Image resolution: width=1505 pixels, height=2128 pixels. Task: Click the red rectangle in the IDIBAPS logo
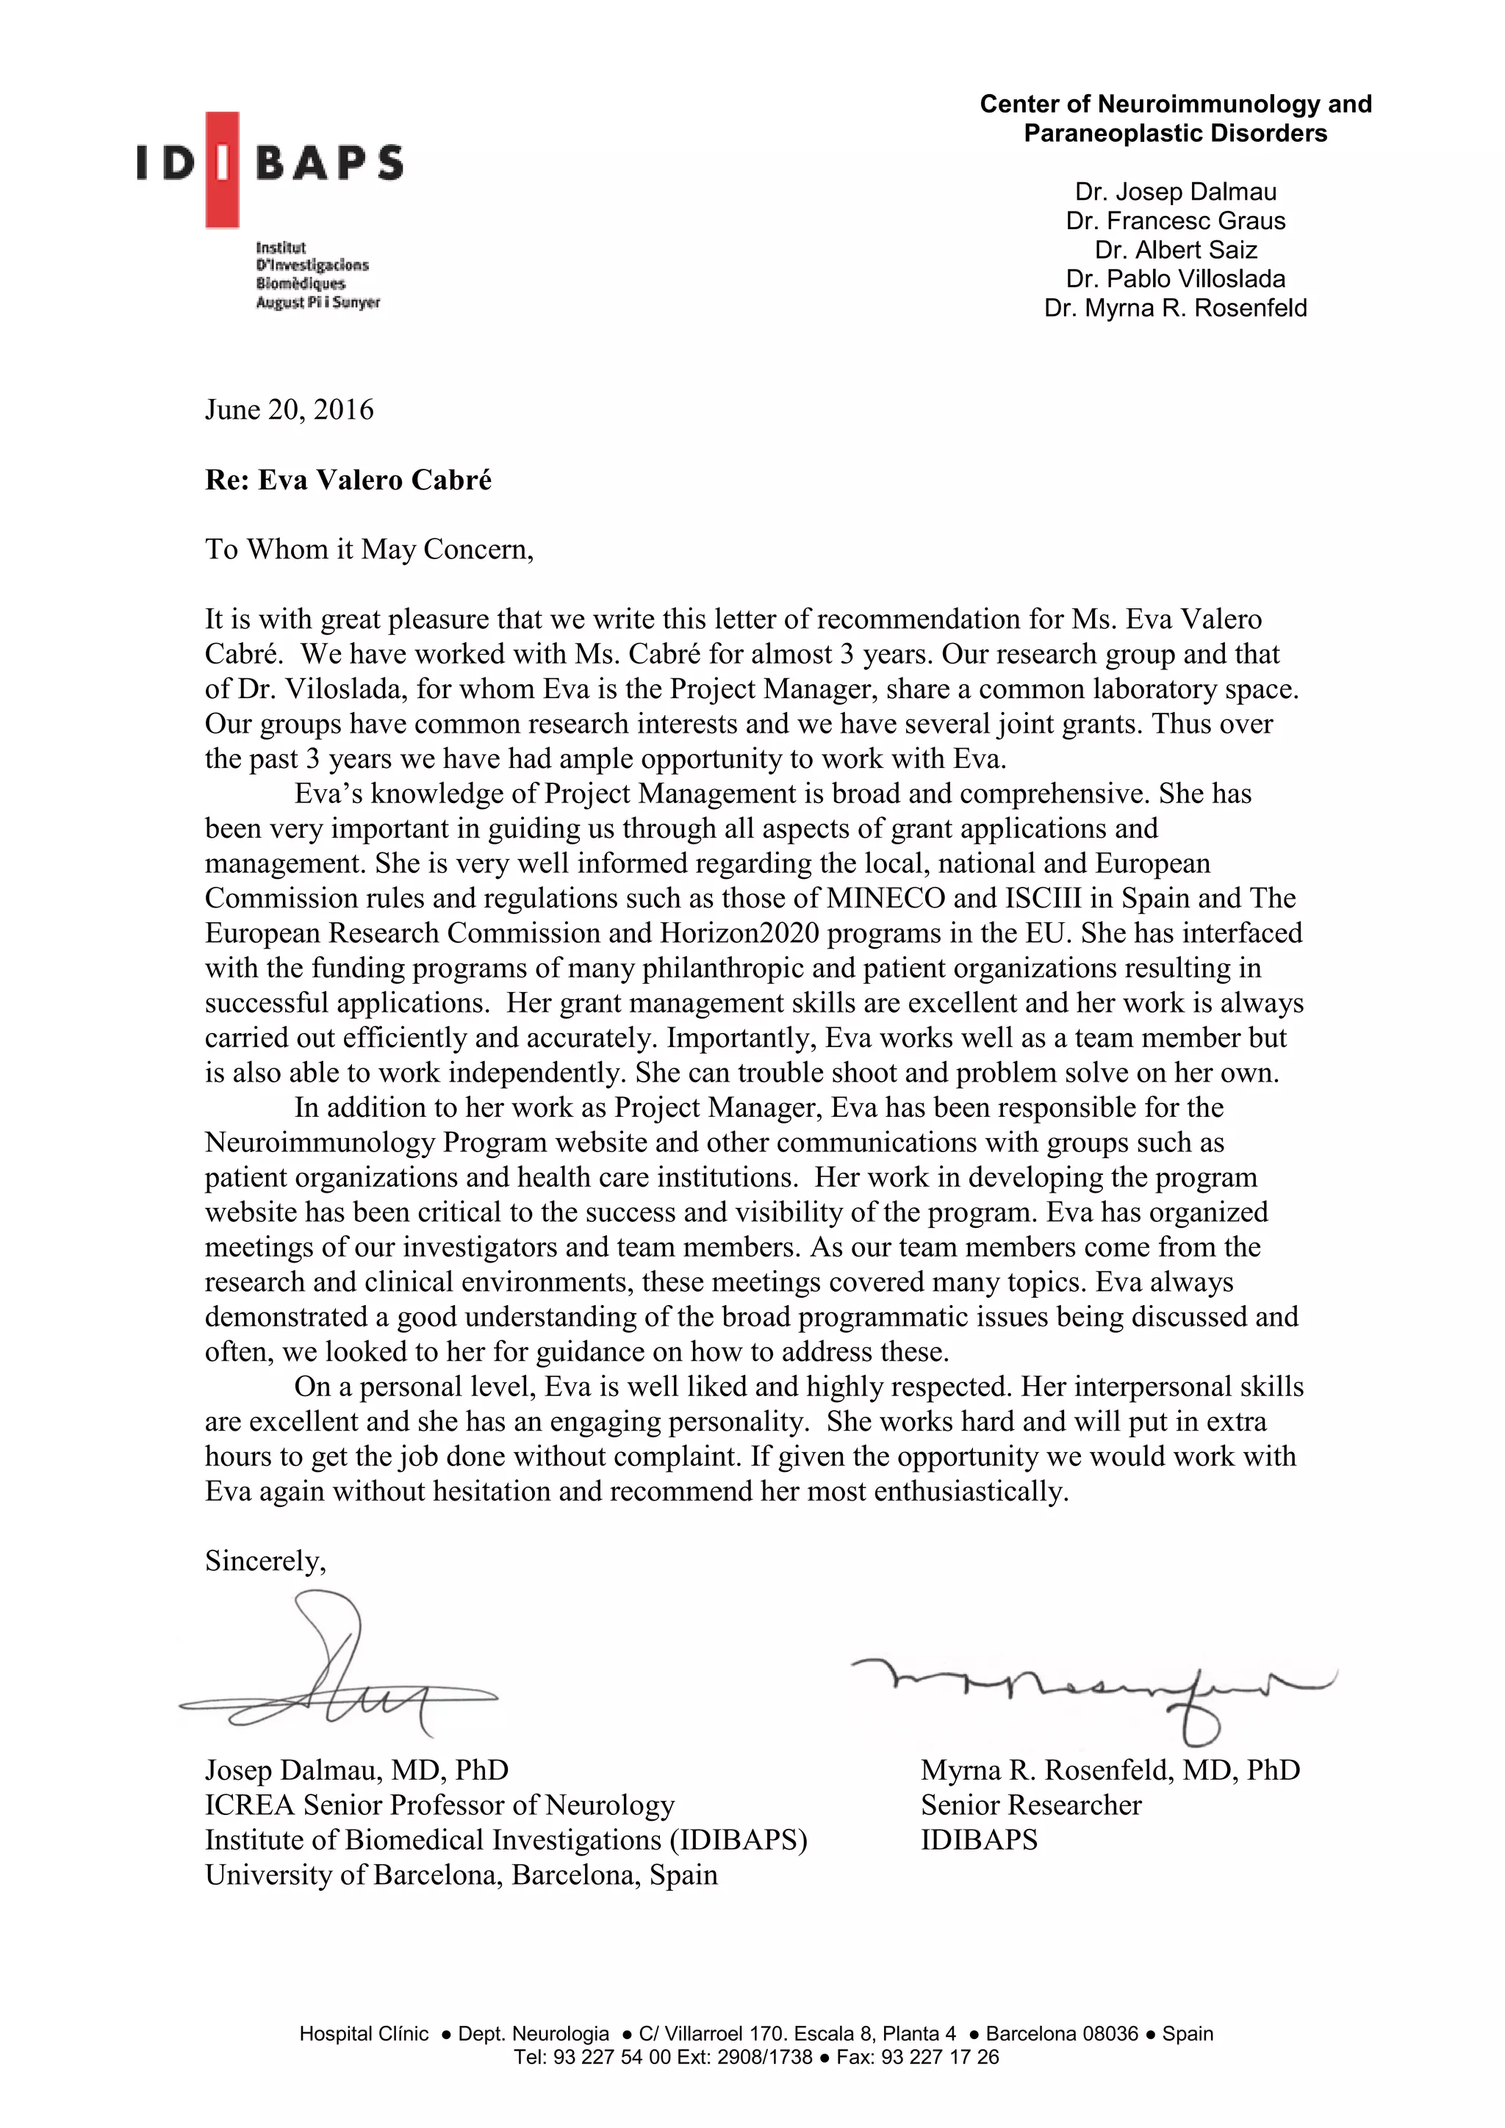pyautogui.click(x=223, y=170)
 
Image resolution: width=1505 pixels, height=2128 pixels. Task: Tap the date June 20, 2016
pyautogui.click(x=289, y=410)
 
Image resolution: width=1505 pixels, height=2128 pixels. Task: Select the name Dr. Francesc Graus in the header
pyautogui.click(x=1175, y=220)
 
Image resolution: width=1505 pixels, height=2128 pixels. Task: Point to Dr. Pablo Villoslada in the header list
pyautogui.click(x=1175, y=279)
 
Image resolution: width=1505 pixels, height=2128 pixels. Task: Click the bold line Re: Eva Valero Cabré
pyautogui.click(x=348, y=480)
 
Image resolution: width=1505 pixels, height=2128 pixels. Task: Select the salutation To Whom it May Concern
pyautogui.click(x=369, y=550)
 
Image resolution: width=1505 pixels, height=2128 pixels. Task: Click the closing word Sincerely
pyautogui.click(x=265, y=1561)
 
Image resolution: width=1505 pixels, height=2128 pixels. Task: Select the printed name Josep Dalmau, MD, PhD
pyautogui.click(x=357, y=1770)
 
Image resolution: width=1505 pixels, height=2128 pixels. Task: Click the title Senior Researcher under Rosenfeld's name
pyautogui.click(x=1030, y=1805)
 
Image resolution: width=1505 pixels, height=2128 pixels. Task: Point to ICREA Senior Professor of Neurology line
pyautogui.click(x=439, y=1805)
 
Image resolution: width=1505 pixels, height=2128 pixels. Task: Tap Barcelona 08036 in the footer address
pyautogui.click(x=1061, y=2060)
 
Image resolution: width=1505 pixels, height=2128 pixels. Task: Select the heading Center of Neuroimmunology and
pyautogui.click(x=1175, y=104)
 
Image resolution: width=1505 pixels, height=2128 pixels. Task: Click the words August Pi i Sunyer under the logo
pyautogui.click(x=318, y=303)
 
